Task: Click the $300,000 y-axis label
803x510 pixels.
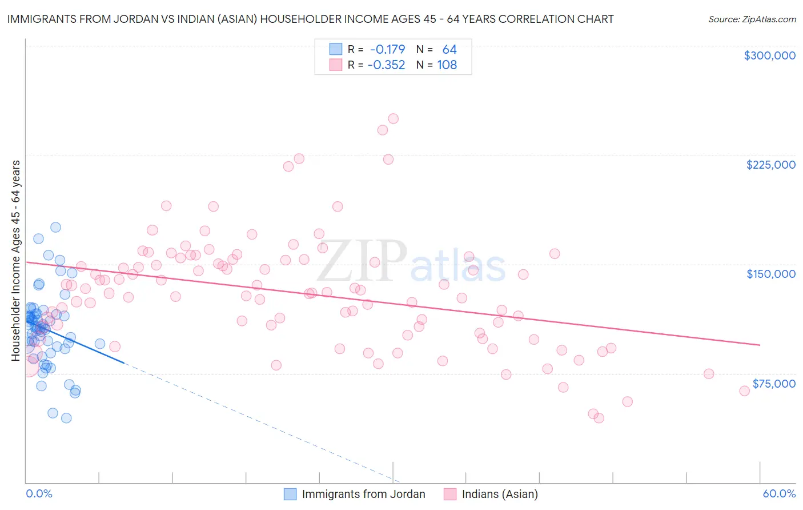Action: tap(769, 55)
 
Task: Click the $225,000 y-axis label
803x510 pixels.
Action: tap(770, 165)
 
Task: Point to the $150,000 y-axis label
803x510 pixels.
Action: tap(770, 274)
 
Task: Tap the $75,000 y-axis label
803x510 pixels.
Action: tap(774, 384)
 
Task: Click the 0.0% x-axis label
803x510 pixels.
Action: tap(39, 493)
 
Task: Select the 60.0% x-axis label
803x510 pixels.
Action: tap(779, 493)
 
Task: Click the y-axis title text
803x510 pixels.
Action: tap(16, 261)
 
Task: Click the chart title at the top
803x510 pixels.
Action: tap(310, 19)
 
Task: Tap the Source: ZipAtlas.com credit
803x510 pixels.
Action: tap(752, 19)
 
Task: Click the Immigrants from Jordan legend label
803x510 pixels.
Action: tap(363, 494)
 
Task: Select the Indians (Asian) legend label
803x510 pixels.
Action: tap(500, 494)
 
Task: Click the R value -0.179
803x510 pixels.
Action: tap(387, 50)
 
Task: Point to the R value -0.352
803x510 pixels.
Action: tap(386, 65)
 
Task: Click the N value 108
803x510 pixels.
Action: tap(447, 65)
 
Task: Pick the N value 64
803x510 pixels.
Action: tap(449, 50)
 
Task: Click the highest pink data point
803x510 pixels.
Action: tap(393, 119)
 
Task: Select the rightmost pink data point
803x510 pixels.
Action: tap(744, 391)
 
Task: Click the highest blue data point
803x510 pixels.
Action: tap(55, 227)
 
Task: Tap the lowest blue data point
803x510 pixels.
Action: tap(66, 418)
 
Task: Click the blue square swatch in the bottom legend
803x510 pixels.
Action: tap(290, 494)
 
